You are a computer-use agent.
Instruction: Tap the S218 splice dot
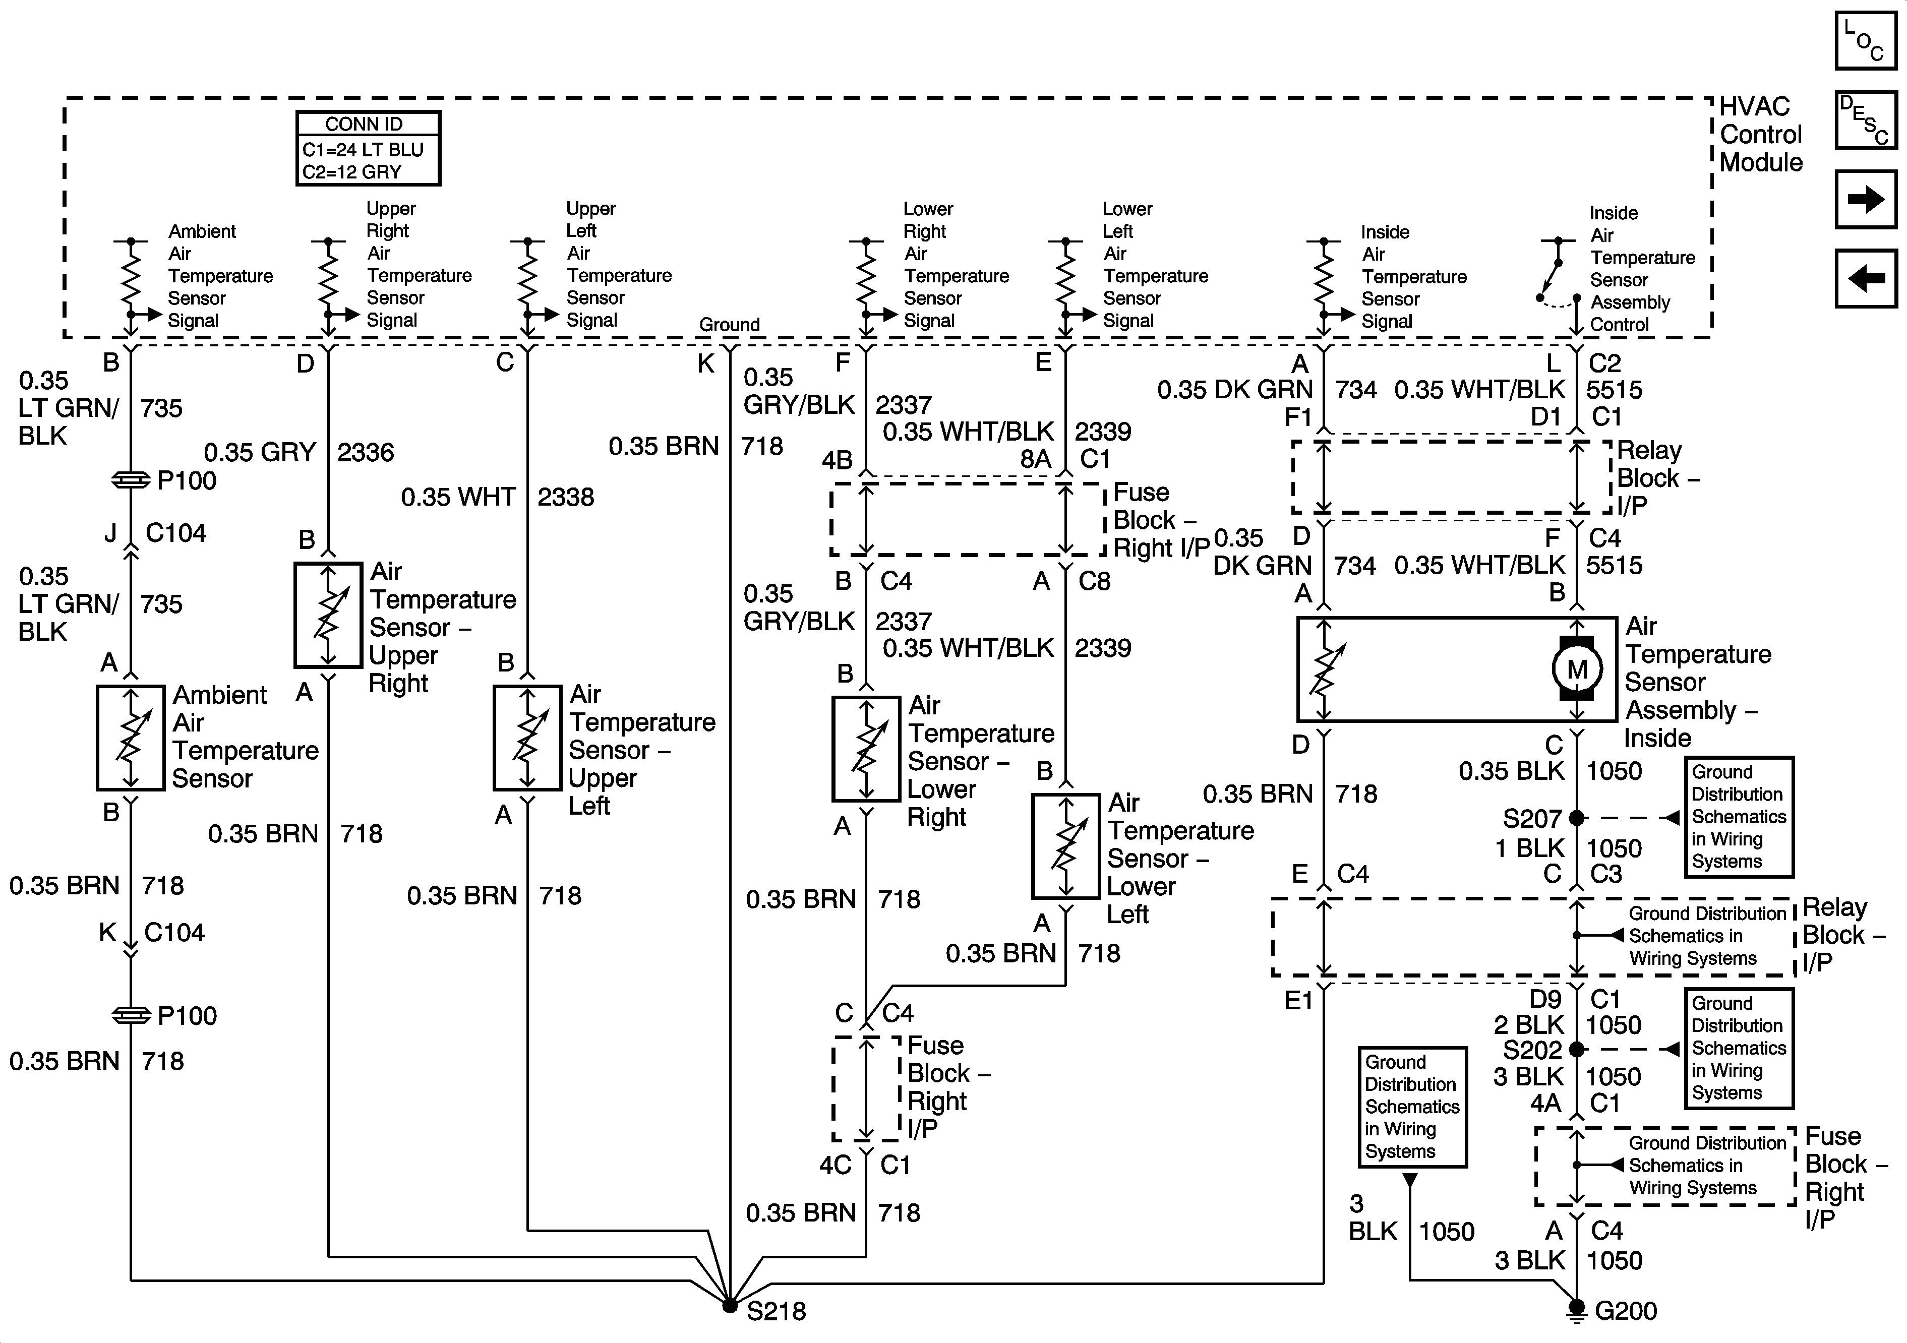pos(729,1306)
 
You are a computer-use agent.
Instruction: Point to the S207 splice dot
pos(1576,818)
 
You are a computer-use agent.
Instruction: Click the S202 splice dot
pos(1576,1049)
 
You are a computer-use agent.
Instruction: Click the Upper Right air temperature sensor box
pos(328,615)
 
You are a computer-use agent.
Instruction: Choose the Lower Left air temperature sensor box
pos(1065,845)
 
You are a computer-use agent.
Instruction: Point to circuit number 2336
pos(366,453)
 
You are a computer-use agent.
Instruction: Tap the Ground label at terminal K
pos(729,325)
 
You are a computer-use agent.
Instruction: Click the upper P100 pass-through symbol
pos(131,480)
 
